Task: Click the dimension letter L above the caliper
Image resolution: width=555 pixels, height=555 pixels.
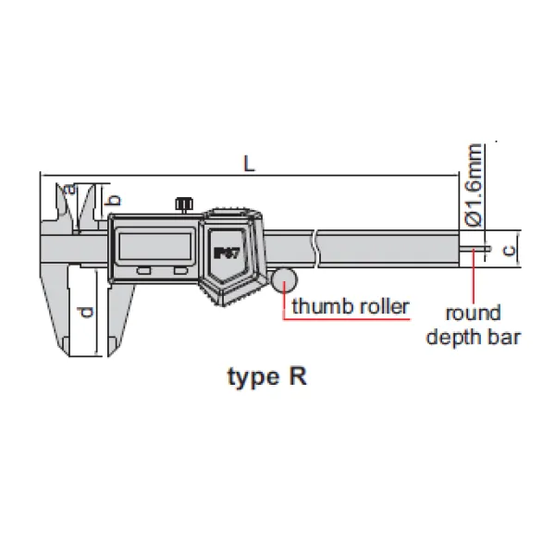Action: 248,163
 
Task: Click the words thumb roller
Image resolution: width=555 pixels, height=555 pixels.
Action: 350,306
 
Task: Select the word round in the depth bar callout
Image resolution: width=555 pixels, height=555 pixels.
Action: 473,312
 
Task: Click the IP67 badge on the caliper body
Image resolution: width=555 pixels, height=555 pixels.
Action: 226,252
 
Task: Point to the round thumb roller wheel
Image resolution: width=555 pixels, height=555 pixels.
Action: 284,279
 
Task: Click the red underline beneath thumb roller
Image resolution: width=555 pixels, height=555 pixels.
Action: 348,319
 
